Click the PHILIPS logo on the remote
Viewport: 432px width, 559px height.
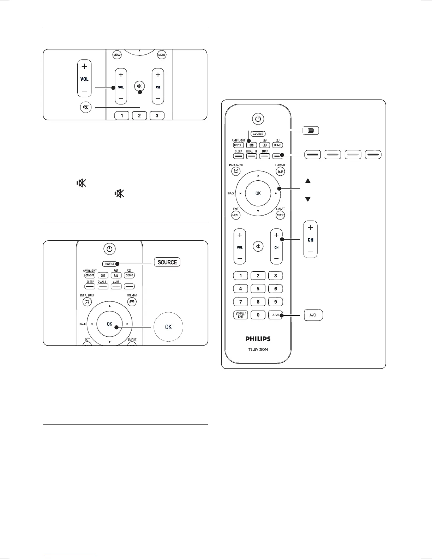[x=258, y=339]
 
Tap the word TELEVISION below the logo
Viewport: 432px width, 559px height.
[x=258, y=349]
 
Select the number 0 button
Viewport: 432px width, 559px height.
[x=258, y=315]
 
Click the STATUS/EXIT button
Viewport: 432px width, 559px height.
[x=241, y=315]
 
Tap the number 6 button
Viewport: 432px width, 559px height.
[x=276, y=289]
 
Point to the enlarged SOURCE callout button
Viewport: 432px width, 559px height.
[x=167, y=262]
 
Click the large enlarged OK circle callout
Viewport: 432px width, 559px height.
[x=168, y=327]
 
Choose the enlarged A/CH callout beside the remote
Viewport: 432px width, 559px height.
[x=313, y=315]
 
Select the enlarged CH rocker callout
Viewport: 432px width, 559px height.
[x=311, y=240]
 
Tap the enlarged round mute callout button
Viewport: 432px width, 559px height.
[x=86, y=107]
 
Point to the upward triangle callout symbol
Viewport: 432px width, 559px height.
[x=308, y=181]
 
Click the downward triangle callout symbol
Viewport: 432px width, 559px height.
[x=308, y=199]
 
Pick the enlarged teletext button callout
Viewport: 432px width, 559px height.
[x=311, y=131]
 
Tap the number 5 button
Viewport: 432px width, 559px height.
[x=258, y=289]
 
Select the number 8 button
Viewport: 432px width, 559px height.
[x=258, y=302]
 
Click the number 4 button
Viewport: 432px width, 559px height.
[x=241, y=289]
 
